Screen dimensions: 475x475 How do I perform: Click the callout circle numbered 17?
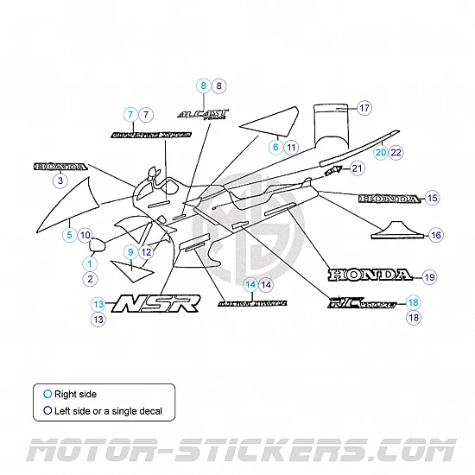click(x=364, y=108)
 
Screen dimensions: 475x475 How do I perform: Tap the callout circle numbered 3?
click(x=60, y=181)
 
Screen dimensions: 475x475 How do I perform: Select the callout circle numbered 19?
click(x=429, y=277)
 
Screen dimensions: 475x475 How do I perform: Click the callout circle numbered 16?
click(x=436, y=235)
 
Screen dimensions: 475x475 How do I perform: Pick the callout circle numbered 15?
click(x=433, y=198)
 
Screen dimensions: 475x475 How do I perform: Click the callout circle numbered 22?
click(x=396, y=152)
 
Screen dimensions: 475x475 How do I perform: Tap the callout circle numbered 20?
click(x=380, y=152)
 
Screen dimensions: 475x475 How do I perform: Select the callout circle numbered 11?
click(x=291, y=148)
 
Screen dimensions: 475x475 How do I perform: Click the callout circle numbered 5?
click(x=68, y=234)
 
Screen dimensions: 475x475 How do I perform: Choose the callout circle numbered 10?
click(x=85, y=234)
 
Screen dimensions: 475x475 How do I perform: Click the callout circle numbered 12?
click(x=146, y=251)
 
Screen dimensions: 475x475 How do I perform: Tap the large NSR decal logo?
click(x=158, y=302)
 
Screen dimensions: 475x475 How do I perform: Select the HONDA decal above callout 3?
click(x=60, y=166)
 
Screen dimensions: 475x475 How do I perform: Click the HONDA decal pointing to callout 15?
click(x=389, y=199)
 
